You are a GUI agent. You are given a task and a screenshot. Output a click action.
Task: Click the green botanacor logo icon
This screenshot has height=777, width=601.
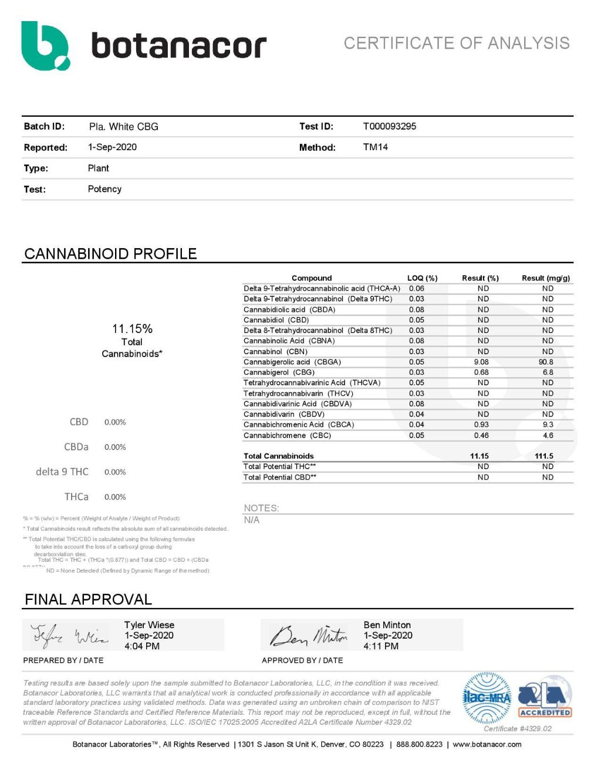coord(45,46)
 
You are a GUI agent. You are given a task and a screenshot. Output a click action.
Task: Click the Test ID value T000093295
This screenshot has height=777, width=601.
coord(389,126)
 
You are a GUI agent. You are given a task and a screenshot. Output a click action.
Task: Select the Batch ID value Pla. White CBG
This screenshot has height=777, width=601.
coord(123,127)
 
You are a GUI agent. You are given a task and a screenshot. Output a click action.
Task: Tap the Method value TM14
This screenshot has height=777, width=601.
coord(375,147)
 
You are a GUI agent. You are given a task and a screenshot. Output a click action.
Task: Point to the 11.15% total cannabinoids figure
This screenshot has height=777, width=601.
coord(132,329)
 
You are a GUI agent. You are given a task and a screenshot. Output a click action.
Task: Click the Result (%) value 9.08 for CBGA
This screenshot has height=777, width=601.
coord(481,362)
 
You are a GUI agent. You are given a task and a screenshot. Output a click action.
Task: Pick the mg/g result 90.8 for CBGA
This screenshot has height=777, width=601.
coord(546,362)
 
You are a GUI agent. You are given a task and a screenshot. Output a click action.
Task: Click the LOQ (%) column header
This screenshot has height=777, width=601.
coord(422,278)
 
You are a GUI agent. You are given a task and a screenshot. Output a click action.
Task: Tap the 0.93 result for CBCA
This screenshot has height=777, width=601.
coord(481,425)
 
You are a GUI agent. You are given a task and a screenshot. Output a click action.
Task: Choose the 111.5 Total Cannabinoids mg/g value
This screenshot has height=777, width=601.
coord(544,456)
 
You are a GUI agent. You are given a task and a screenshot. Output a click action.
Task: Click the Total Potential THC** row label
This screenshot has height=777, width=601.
coord(280,467)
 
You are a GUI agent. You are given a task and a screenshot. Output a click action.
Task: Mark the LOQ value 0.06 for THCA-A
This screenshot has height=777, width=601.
coord(416,289)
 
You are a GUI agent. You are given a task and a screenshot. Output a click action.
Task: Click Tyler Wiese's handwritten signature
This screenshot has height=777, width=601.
coord(69,635)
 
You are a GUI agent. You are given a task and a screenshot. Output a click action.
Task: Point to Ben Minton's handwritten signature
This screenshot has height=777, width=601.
coord(308,635)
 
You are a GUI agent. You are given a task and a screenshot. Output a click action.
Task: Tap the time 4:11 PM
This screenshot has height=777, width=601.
coord(381,646)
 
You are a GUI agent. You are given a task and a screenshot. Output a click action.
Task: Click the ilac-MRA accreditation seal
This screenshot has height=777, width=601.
coord(487,698)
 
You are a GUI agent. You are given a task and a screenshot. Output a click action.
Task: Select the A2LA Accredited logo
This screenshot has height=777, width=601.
coord(545,698)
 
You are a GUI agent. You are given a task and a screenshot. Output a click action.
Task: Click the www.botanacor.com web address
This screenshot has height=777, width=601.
coord(487,744)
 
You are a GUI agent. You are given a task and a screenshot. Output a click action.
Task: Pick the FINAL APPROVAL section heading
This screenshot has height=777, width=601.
coord(88,599)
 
